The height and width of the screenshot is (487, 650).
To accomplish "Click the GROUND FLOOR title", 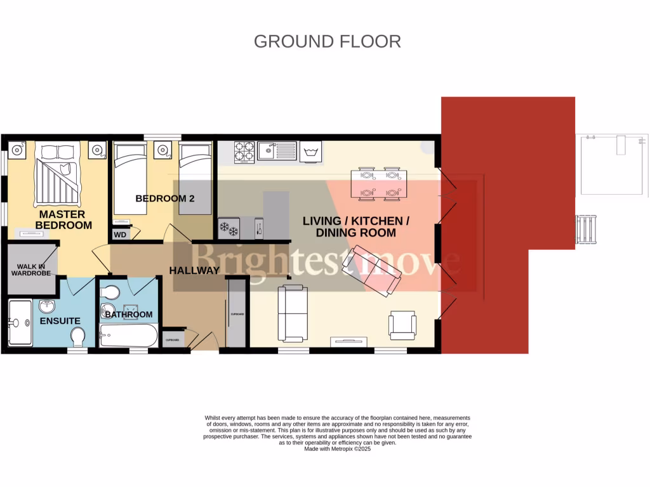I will point(327,41).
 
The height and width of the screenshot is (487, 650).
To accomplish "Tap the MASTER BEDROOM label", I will point(63,220).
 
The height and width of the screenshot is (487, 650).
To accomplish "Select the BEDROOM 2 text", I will point(164,198).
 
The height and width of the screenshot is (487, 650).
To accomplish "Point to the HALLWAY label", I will point(194,271).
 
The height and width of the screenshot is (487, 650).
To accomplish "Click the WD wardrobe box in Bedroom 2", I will point(119,235).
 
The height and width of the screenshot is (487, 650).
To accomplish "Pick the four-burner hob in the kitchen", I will point(244,152).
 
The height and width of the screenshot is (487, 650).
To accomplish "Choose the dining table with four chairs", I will point(379,183).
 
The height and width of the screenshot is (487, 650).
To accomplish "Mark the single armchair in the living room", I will point(403,324).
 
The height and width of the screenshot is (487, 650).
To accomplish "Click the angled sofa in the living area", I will point(371,271).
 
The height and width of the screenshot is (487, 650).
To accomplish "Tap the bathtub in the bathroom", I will point(128,335).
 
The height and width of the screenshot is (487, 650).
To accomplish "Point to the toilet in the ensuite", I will point(79,336).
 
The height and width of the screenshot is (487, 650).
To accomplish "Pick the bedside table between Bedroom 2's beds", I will point(163,150).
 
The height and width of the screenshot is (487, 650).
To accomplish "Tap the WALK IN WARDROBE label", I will point(32,269).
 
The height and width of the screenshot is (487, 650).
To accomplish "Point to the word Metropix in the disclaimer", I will point(343,449).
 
